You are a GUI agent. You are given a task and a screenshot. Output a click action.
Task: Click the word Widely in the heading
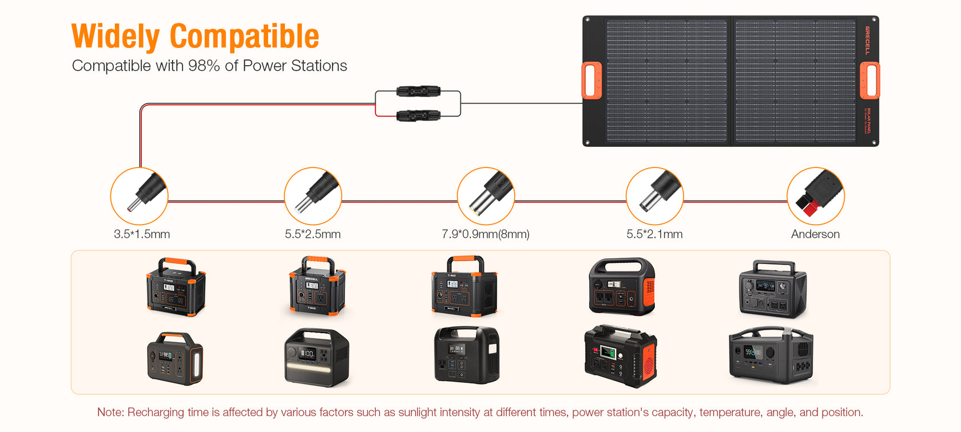[x=115, y=37]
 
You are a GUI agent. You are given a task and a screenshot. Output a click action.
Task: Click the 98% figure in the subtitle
[x=204, y=66]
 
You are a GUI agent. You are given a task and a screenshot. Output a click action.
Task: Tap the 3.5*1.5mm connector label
[x=142, y=234]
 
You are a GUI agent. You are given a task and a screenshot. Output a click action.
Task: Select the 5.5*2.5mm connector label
[x=312, y=234]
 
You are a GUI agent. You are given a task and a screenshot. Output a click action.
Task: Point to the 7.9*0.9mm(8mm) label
[x=485, y=234]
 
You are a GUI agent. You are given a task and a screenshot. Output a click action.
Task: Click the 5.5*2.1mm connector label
[x=654, y=234]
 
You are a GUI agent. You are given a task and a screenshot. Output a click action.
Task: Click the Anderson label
[x=815, y=234]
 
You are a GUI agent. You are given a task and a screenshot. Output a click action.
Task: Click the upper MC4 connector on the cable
[x=418, y=91]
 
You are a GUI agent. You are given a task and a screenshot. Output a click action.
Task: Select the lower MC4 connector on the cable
[x=418, y=116]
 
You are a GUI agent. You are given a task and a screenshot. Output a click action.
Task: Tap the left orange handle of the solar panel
[x=592, y=81]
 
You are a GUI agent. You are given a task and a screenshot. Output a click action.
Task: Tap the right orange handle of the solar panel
[x=870, y=81]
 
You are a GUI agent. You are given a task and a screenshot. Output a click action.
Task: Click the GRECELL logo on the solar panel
[x=867, y=40]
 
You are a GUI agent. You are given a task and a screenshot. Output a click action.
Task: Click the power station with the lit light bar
[x=316, y=357]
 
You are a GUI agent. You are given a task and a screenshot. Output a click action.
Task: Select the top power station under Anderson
[x=772, y=289]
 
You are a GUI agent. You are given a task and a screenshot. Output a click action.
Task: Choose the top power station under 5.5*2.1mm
[x=622, y=286]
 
